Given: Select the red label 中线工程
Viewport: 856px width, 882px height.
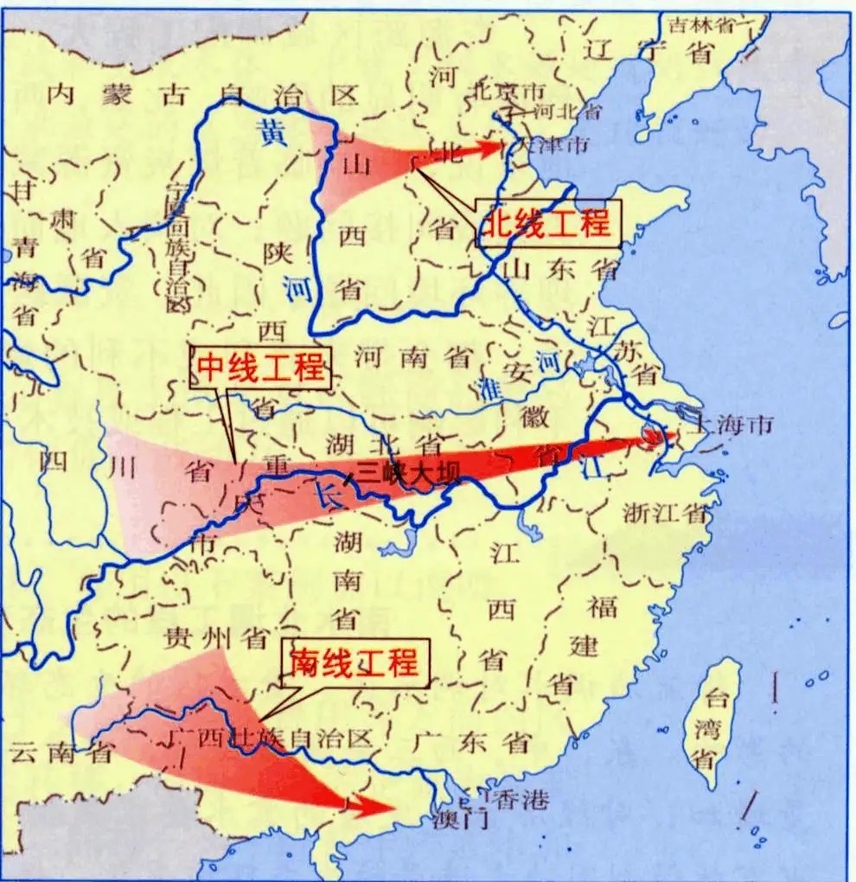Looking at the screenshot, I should pyautogui.click(x=259, y=369).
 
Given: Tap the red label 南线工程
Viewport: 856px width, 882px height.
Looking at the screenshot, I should pyautogui.click(x=355, y=663).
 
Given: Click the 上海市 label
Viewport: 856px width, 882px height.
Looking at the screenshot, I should pyautogui.click(x=726, y=425).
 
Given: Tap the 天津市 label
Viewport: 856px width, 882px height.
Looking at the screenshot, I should pyautogui.click(x=553, y=138).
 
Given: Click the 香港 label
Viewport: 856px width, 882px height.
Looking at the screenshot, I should pyautogui.click(x=520, y=801).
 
